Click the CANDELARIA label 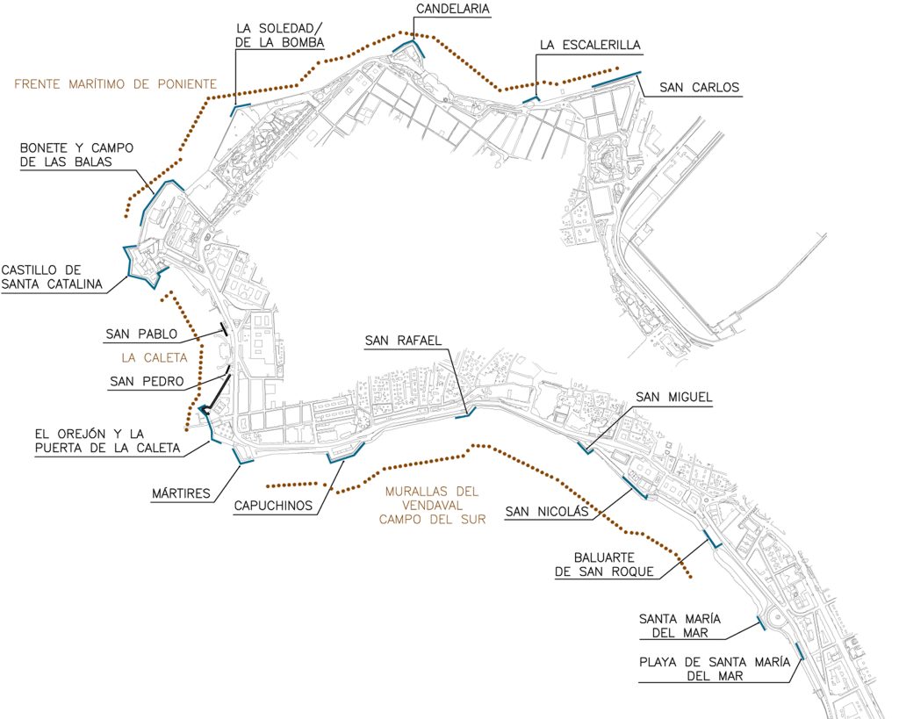[453, 9]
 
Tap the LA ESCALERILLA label [590, 46]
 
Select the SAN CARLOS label [699, 88]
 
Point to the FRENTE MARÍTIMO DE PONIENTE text [115, 84]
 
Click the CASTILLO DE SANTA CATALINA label [52, 277]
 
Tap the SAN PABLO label [141, 334]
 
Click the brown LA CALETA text [155, 358]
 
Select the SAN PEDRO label [147, 381]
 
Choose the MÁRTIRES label [181, 493]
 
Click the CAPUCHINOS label [273, 506]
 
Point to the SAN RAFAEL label [403, 341]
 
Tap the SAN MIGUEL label [673, 397]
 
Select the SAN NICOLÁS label [547, 512]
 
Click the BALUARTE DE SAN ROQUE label [604, 564]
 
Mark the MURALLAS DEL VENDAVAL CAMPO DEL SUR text [432, 506]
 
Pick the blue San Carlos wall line [617, 79]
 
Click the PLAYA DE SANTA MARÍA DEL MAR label [715, 669]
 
